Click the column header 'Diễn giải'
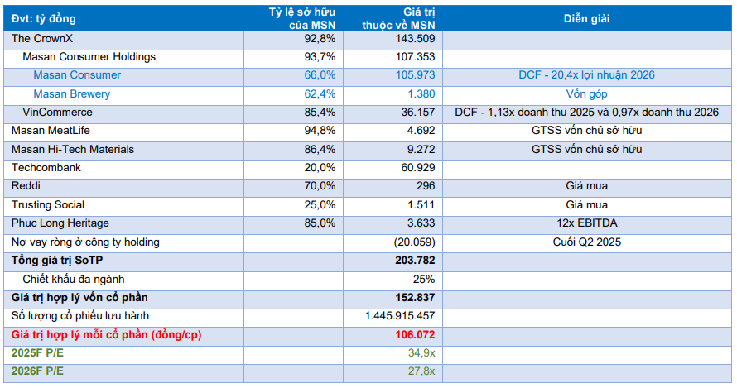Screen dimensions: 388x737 click(x=587, y=18)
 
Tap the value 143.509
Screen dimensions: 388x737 click(x=414, y=39)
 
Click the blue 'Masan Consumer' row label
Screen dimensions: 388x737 click(x=77, y=75)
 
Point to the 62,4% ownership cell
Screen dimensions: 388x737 click(x=320, y=94)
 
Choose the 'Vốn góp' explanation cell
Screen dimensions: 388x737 click(x=587, y=94)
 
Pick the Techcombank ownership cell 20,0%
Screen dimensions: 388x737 click(x=320, y=168)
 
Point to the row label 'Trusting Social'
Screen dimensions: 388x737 click(x=48, y=205)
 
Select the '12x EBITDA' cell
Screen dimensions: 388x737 click(x=587, y=223)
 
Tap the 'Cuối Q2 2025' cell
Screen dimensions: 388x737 click(x=587, y=242)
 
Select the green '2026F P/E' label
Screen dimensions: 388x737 click(x=37, y=371)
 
